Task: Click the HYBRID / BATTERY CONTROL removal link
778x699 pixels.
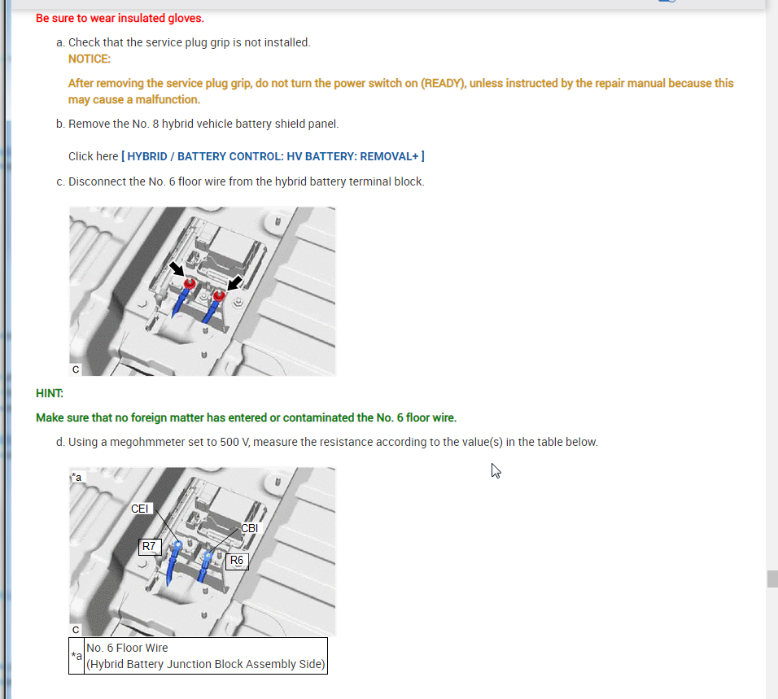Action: [x=273, y=156]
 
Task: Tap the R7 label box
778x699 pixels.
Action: [x=150, y=547]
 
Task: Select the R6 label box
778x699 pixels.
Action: [x=237, y=561]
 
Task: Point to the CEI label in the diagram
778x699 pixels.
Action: [x=140, y=509]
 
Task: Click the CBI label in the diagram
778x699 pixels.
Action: [x=249, y=528]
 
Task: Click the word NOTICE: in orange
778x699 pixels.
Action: [x=90, y=59]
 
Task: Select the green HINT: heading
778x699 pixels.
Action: [x=50, y=393]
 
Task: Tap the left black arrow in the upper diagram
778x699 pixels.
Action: [x=177, y=269]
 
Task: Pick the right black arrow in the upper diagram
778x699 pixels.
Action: [x=234, y=283]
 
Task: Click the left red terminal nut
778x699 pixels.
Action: [x=190, y=284]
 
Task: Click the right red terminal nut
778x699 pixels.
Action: [x=219, y=296]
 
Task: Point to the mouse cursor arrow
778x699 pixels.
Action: [x=496, y=471]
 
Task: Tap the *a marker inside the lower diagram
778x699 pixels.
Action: [x=77, y=477]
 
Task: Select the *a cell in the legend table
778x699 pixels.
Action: [x=76, y=656]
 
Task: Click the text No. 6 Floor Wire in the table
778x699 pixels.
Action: [x=127, y=648]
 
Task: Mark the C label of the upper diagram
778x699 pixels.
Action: [x=76, y=369]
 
